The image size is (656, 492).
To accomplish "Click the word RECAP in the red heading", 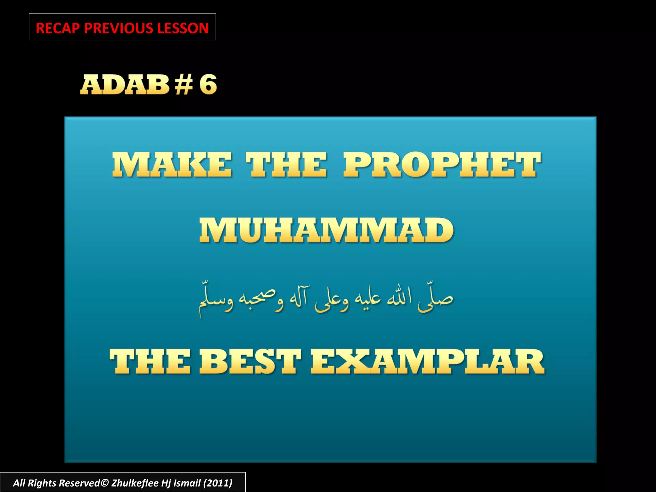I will tap(58, 28).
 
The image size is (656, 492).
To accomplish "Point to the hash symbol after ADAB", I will tap(184, 85).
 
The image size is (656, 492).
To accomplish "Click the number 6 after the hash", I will tap(208, 85).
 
